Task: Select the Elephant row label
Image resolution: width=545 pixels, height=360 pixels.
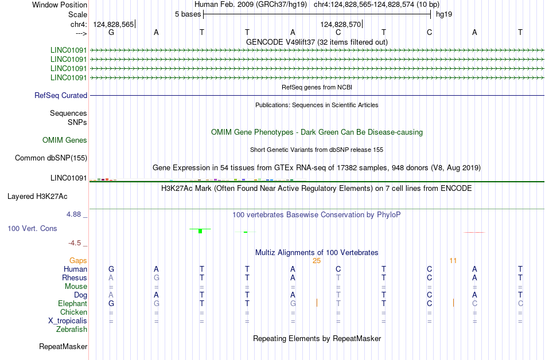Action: (x=73, y=303)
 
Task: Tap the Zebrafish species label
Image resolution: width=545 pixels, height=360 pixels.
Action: (x=72, y=329)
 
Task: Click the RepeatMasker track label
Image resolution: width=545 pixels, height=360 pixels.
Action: (x=63, y=346)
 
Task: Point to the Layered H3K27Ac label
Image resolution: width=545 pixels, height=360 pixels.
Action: (x=37, y=197)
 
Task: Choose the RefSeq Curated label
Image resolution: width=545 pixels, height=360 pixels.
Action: (x=61, y=96)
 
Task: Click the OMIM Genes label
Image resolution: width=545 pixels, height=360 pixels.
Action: (x=65, y=140)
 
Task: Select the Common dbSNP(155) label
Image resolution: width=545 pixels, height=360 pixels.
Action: (x=51, y=158)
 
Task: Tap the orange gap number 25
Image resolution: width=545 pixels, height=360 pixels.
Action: (x=317, y=261)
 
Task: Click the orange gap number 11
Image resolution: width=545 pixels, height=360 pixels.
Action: (x=453, y=261)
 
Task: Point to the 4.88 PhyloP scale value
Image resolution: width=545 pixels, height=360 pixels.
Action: (x=73, y=214)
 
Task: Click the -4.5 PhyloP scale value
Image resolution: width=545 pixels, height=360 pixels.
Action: (x=75, y=243)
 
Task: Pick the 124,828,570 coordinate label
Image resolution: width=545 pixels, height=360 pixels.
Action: (x=341, y=24)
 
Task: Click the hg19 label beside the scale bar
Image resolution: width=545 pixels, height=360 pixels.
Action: (x=444, y=14)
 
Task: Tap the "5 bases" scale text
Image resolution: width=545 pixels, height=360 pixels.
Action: (x=188, y=14)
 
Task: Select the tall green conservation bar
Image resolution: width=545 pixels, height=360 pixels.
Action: (x=200, y=231)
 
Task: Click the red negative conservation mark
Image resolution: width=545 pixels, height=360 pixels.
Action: (x=474, y=232)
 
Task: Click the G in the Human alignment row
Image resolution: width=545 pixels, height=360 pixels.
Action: (x=111, y=269)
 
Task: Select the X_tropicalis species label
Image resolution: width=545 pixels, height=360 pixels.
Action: (x=68, y=320)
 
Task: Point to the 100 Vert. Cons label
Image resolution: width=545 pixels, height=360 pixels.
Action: (x=32, y=228)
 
